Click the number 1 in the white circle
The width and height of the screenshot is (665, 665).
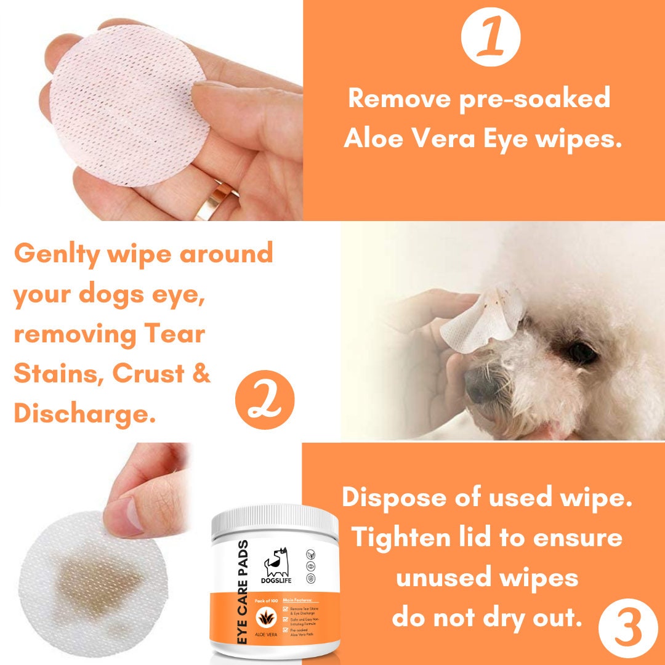(x=490, y=38)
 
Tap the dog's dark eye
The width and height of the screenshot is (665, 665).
(x=581, y=352)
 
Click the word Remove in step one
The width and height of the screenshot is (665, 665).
(x=399, y=99)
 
